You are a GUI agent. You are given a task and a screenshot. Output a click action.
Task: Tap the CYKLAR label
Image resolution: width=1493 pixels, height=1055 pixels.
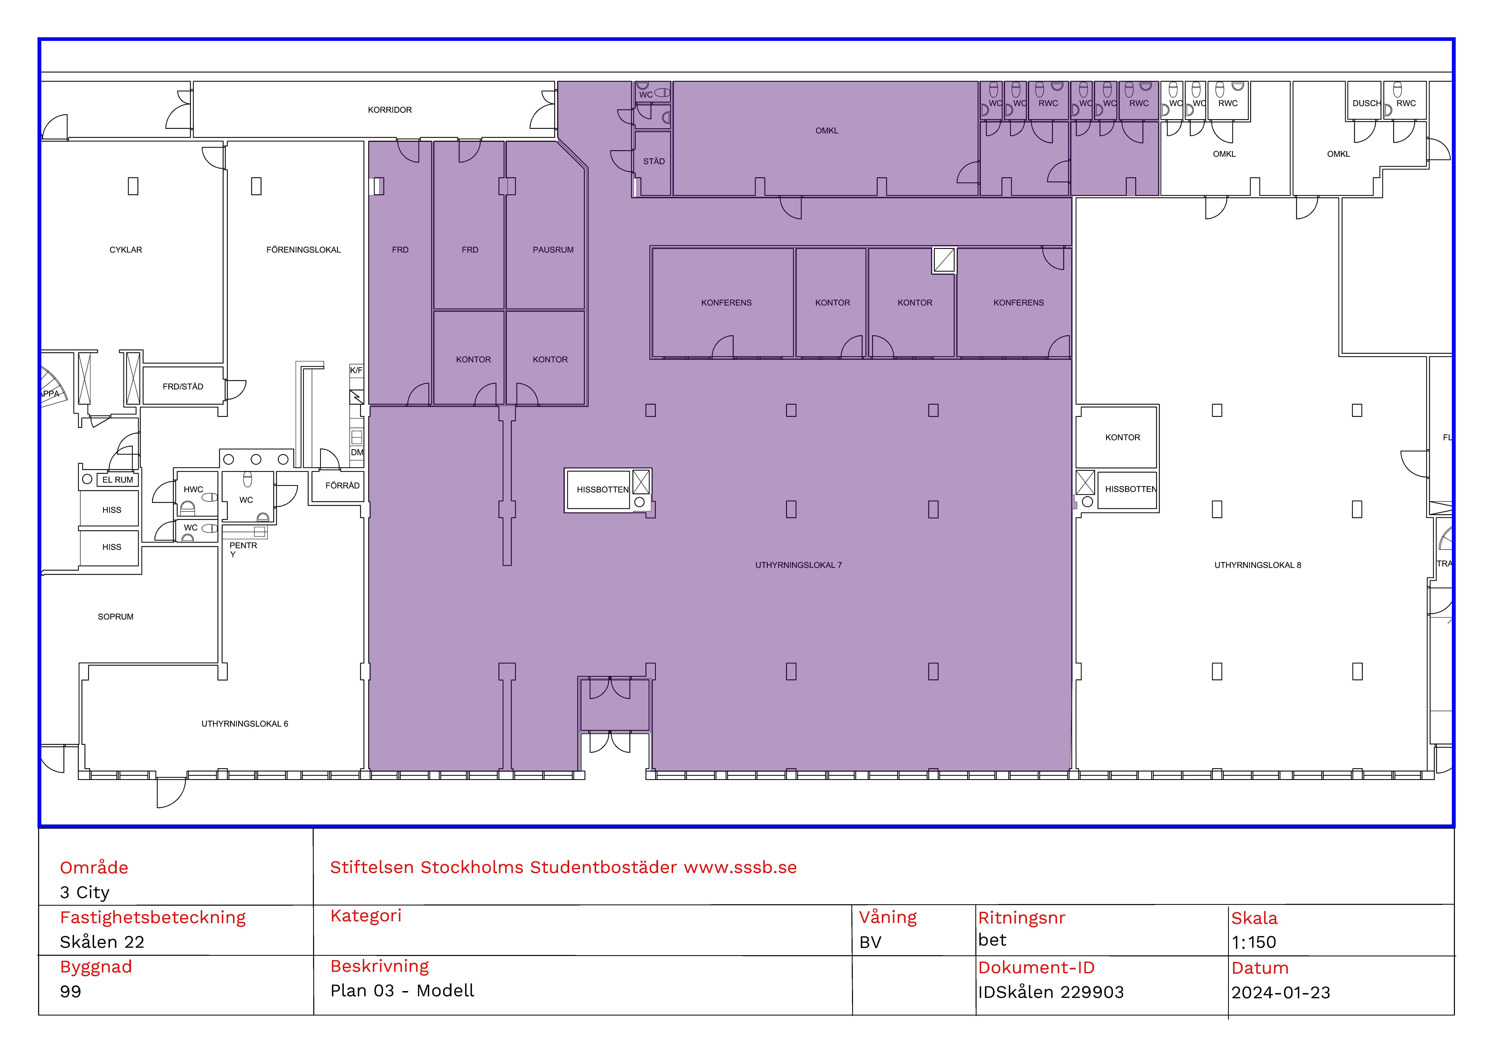[126, 250]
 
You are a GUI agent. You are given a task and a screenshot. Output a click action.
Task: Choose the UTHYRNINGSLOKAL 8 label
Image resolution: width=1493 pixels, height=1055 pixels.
[1258, 565]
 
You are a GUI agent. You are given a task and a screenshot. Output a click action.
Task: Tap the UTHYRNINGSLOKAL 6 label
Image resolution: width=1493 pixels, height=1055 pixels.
[244, 723]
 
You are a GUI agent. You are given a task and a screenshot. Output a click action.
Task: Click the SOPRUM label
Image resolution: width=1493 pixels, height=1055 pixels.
[116, 616]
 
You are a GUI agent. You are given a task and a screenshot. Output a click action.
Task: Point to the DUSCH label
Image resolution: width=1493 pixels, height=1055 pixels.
[1366, 103]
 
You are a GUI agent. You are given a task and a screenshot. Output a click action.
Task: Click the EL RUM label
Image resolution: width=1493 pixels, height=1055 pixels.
[118, 480]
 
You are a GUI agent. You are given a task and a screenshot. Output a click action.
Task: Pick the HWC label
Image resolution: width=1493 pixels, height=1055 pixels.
[193, 490]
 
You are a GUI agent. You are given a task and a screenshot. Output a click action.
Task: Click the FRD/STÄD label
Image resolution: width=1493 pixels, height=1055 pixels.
[183, 386]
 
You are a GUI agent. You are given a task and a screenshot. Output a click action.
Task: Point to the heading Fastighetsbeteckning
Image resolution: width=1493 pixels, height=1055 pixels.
[153, 917]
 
